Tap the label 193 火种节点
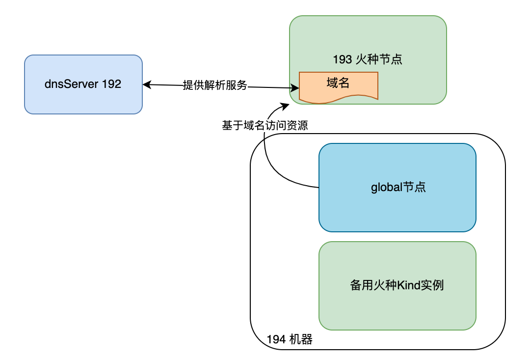pyautogui.click(x=368, y=59)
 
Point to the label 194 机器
pyautogui.click(x=290, y=339)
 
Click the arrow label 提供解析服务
pyautogui.click(x=215, y=85)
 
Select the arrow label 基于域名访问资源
pyautogui.click(x=265, y=126)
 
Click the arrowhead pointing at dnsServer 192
pyautogui.click(x=146, y=85)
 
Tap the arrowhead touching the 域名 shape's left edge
pyautogui.click(x=296, y=88)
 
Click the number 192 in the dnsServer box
pyautogui.click(x=111, y=84)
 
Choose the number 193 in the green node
pyautogui.click(x=343, y=59)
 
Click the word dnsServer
pyautogui.click(x=72, y=84)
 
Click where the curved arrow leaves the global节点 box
pyautogui.click(x=318, y=188)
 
